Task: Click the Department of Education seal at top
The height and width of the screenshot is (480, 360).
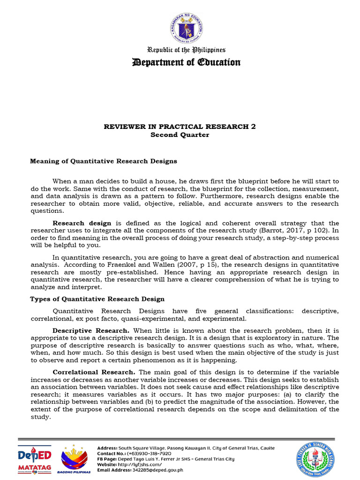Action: [187, 28]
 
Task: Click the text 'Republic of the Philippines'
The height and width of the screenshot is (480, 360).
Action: [187, 50]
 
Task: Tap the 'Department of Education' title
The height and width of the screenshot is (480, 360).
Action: [187, 62]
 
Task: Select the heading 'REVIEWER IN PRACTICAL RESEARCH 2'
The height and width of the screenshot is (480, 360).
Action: [180, 127]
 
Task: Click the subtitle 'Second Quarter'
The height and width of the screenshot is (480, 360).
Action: [180, 135]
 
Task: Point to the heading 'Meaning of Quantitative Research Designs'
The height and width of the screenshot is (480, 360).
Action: [104, 161]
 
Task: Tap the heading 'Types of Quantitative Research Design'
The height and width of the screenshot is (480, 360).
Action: [97, 299]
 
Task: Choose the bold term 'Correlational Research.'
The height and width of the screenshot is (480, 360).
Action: [94, 372]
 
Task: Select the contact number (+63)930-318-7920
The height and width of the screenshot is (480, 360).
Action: [147, 454]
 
